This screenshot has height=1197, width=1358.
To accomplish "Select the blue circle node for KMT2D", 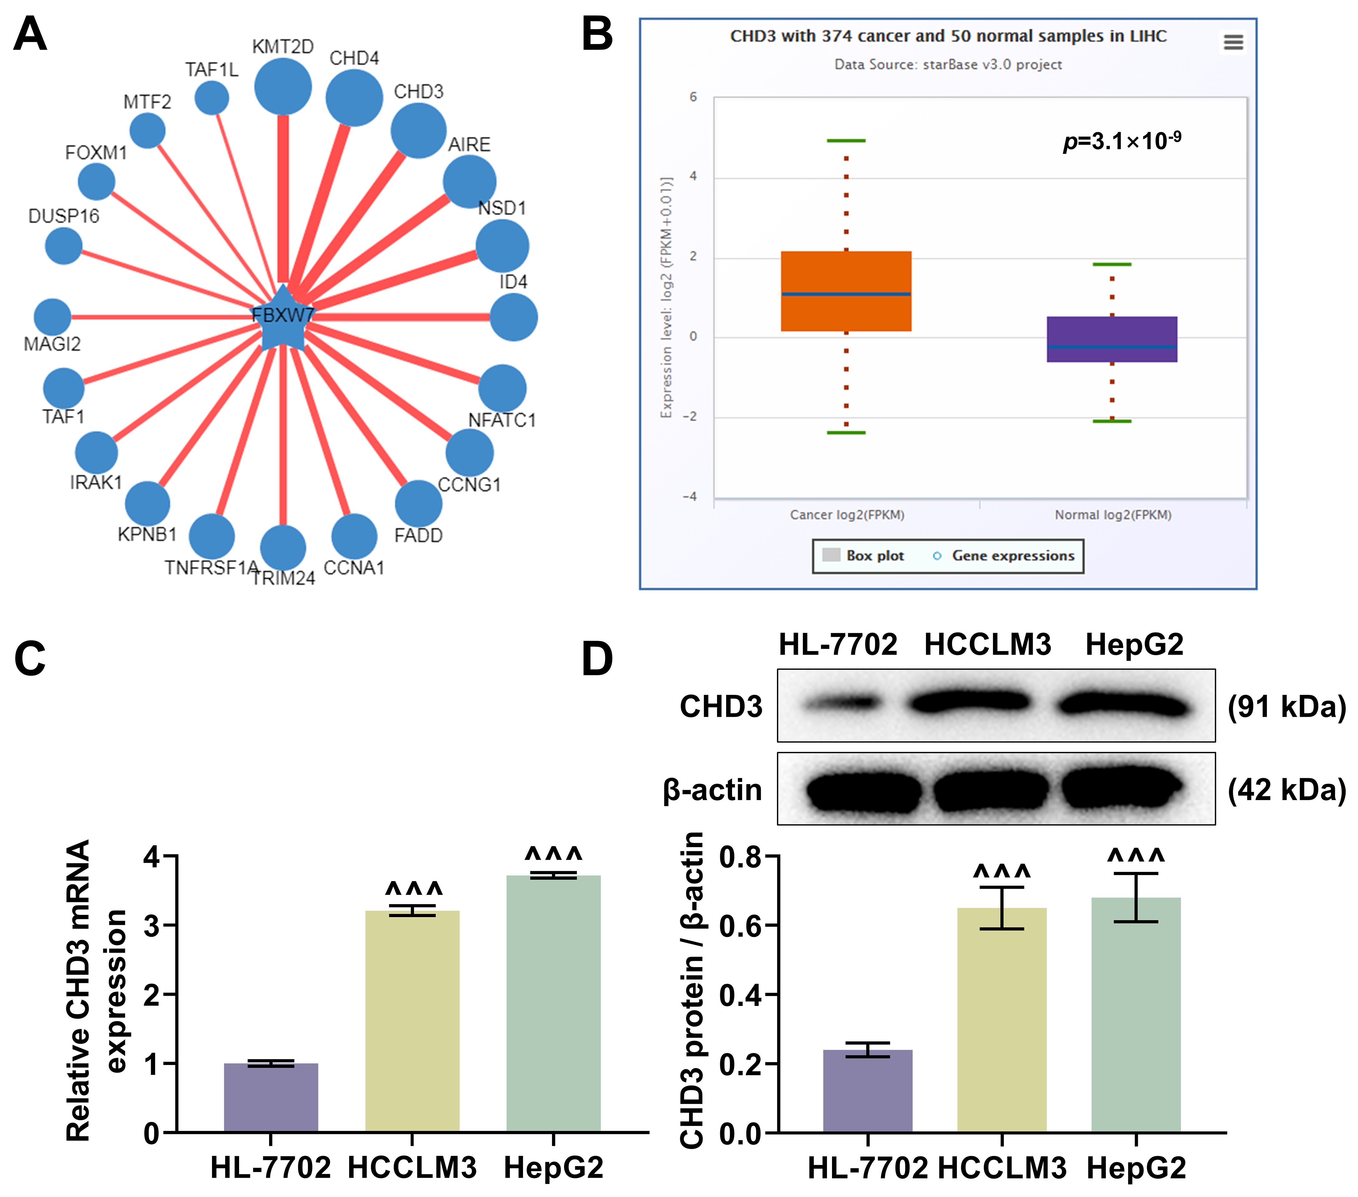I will coord(283,86).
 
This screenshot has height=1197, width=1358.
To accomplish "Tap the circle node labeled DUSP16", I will coord(64,246).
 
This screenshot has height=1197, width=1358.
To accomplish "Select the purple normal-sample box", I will coord(1111,339).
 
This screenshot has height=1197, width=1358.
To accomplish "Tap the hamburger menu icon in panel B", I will coord(1233,42).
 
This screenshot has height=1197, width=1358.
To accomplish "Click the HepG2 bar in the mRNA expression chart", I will coord(554,1003).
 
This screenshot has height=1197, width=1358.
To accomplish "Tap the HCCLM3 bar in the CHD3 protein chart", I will coord(1002,1020).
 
